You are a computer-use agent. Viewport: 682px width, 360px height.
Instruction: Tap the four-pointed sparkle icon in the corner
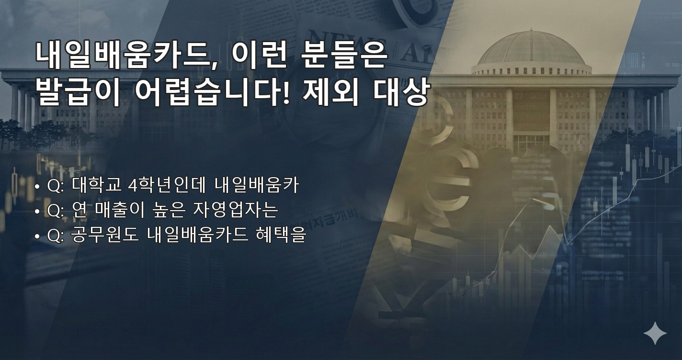pyautogui.click(x=655, y=333)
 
